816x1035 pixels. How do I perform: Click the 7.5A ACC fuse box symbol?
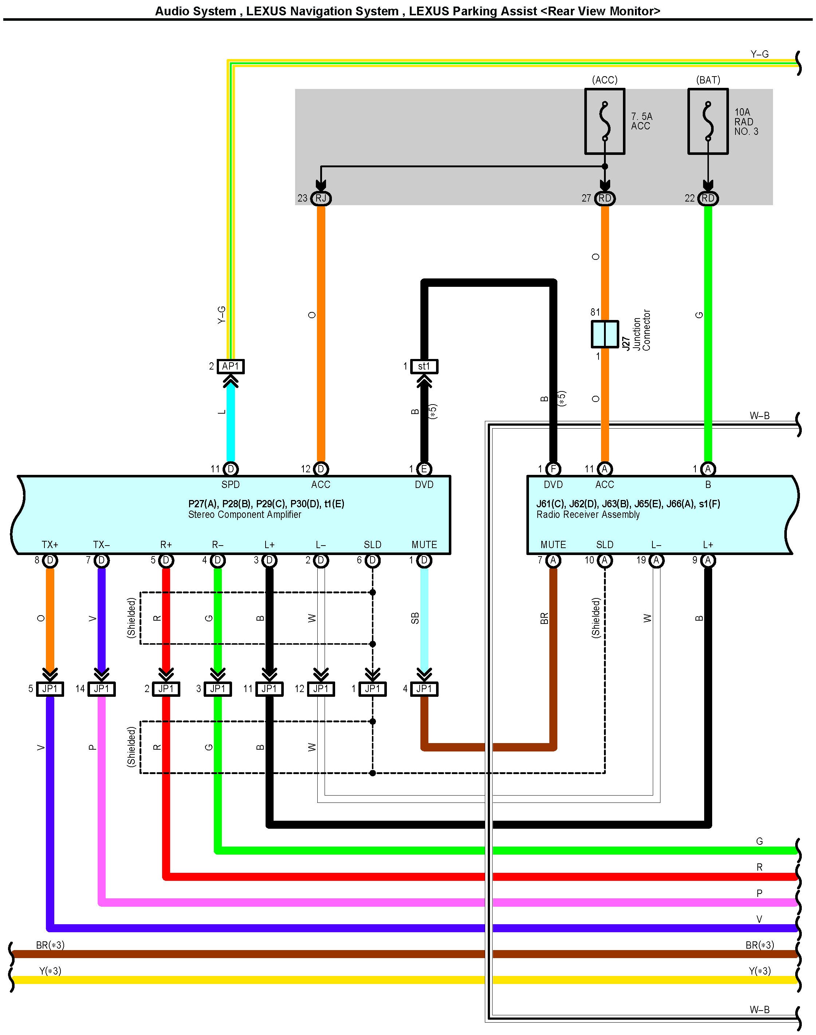(x=604, y=121)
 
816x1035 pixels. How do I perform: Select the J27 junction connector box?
(x=604, y=333)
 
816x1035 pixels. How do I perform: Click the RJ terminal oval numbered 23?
(x=321, y=198)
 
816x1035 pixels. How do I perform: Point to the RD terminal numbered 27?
(x=604, y=198)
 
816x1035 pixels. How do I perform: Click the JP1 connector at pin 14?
(x=101, y=688)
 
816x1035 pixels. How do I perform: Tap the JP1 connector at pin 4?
(x=424, y=688)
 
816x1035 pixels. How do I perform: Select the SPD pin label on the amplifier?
(x=230, y=485)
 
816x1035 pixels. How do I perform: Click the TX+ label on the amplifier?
(x=50, y=545)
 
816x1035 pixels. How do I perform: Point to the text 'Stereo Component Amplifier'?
(x=244, y=515)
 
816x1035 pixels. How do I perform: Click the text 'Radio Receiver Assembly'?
(x=588, y=515)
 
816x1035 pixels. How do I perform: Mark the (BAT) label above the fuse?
(x=708, y=80)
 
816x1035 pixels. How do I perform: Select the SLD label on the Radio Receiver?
(x=604, y=545)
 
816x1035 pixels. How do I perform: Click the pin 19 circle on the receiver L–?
(x=656, y=560)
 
